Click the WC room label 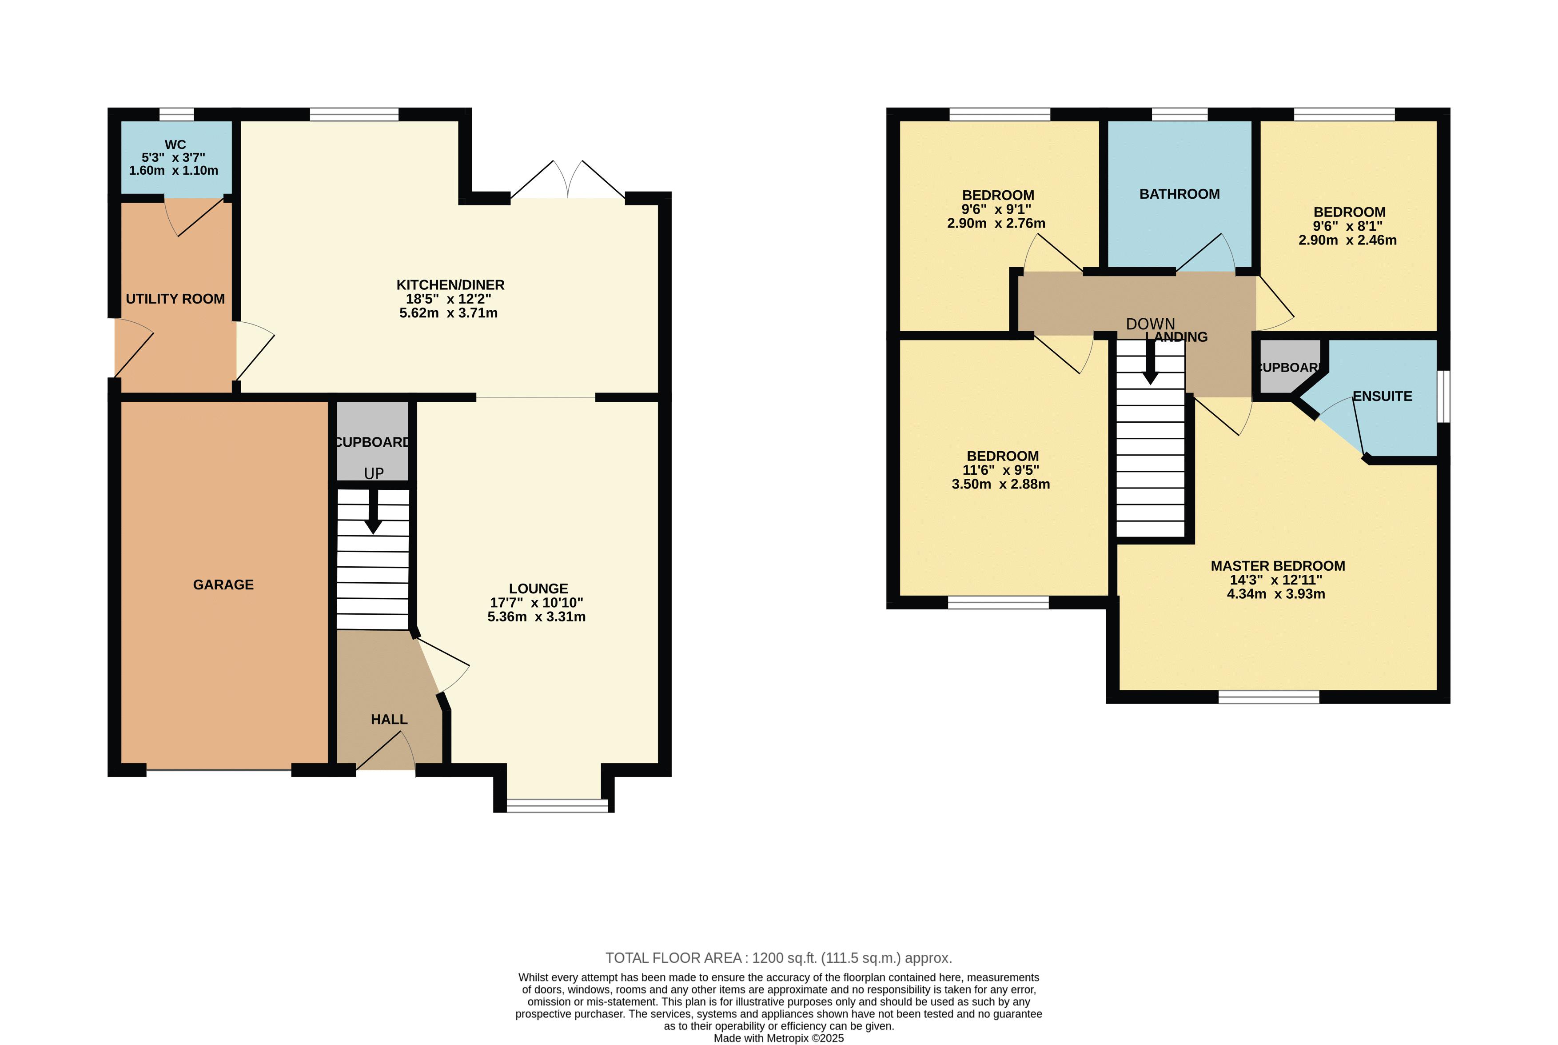click(175, 144)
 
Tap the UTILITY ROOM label click(175, 299)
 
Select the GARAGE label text click(223, 585)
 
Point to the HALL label click(389, 719)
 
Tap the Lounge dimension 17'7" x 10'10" click(537, 602)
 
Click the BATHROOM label click(1179, 194)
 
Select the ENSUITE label click(1382, 396)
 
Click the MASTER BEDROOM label click(1278, 566)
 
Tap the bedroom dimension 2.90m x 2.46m click(1347, 240)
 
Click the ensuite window click(1443, 396)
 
